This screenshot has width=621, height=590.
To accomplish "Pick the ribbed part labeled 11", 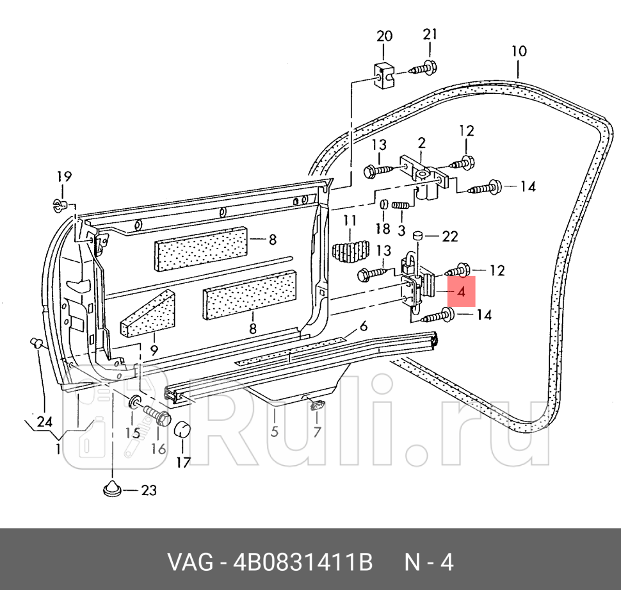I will click(x=350, y=251).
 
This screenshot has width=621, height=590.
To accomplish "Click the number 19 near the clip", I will click(x=63, y=177).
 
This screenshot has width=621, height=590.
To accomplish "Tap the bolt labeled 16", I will click(x=157, y=415).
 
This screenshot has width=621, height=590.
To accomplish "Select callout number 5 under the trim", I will click(x=274, y=432).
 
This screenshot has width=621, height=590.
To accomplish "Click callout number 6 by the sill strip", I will click(x=363, y=326).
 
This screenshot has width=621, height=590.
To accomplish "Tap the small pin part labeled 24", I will click(x=36, y=343).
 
